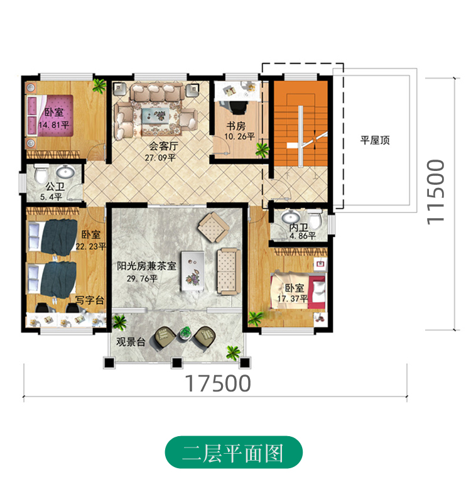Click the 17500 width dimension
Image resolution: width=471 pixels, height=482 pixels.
click(218, 383)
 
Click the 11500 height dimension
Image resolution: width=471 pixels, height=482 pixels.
click(436, 192)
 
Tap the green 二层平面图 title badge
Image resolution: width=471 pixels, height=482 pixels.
click(234, 452)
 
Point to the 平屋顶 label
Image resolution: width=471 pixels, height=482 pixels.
click(375, 140)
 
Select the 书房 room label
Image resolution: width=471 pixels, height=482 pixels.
click(236, 126)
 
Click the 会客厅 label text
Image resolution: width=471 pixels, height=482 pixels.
click(163, 145)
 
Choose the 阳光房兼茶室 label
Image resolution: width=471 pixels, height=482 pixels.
click(146, 266)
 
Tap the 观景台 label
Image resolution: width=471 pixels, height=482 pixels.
click(131, 341)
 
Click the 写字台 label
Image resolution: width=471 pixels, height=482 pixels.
click(90, 300)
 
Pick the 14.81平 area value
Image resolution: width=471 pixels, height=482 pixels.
click(54, 125)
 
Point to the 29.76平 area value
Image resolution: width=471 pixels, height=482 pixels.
click(142, 279)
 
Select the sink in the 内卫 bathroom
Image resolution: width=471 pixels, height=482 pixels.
click(291, 217)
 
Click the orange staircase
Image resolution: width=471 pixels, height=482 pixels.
click(300, 124)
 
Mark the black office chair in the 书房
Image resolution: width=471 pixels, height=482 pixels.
click(238, 107)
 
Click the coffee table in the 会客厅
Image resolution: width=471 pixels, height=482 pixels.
click(156, 116)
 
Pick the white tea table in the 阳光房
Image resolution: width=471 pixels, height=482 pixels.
click(193, 271)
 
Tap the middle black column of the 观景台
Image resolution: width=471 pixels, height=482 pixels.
click(176, 363)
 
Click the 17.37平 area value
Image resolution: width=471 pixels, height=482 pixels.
click(293, 299)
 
